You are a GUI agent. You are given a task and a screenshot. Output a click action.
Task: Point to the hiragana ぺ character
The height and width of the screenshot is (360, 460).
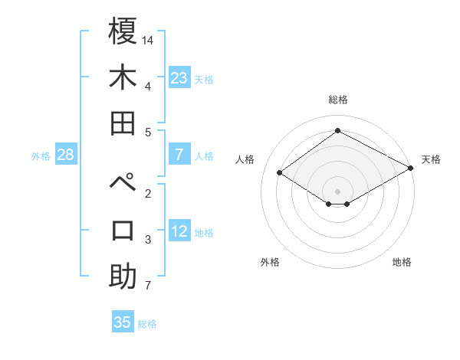point(123,184)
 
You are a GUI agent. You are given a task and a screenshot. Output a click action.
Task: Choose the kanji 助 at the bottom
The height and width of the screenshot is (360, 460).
point(123,276)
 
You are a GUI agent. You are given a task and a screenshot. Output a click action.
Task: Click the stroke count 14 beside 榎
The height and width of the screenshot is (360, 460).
point(148,39)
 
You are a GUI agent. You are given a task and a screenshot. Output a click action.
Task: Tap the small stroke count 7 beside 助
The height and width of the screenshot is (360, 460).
point(148,286)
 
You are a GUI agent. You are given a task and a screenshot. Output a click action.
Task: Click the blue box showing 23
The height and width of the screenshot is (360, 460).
point(179,78)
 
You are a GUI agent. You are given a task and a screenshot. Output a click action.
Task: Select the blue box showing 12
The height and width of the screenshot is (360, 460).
point(179,232)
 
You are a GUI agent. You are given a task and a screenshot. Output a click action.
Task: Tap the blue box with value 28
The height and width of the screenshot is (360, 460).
point(66,155)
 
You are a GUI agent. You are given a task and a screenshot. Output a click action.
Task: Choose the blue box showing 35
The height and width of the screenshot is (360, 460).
point(123,322)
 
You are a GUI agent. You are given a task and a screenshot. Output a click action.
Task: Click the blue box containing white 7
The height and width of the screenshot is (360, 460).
point(179,155)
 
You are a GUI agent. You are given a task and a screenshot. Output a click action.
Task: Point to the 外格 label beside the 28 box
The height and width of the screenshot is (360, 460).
point(41,156)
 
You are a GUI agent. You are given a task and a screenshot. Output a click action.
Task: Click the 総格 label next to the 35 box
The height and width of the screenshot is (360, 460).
point(147,323)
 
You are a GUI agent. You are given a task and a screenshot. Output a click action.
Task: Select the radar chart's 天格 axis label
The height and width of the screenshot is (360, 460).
point(431,159)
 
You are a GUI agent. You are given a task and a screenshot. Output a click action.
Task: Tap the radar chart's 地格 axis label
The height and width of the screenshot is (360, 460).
point(402,262)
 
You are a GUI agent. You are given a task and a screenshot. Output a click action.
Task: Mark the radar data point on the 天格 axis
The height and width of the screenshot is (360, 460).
point(412,169)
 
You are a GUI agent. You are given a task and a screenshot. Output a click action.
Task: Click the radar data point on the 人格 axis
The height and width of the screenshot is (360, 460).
point(279,173)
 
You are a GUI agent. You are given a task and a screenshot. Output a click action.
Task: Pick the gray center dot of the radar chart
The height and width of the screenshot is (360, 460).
point(337,191)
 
